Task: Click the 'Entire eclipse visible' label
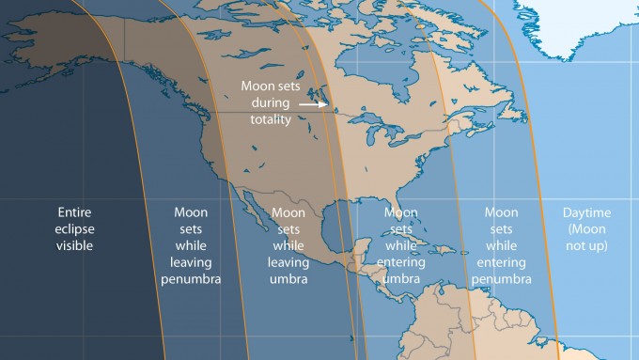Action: click(75, 228)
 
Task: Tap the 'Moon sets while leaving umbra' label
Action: click(288, 246)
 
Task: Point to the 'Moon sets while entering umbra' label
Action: click(402, 246)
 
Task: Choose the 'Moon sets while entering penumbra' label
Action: click(502, 246)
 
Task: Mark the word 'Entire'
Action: click(75, 211)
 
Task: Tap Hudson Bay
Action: click(376, 70)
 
